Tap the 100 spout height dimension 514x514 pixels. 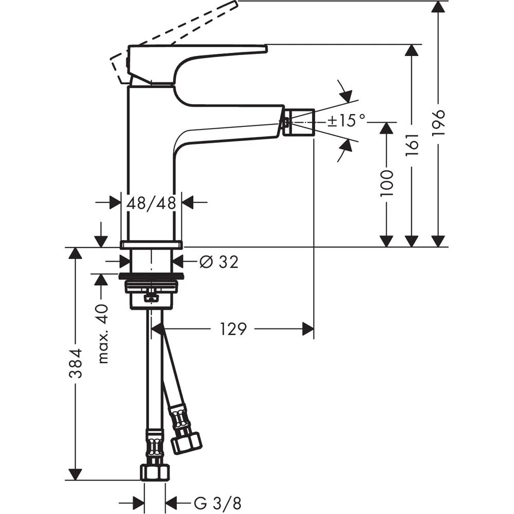tap(387, 182)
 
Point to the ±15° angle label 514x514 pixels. tap(346, 121)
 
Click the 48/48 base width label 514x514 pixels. tap(151, 203)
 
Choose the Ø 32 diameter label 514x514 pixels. tap(218, 262)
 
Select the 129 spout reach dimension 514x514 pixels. tap(234, 329)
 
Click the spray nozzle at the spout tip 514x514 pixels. tap(300, 122)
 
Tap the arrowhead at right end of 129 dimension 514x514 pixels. tap(308, 329)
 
